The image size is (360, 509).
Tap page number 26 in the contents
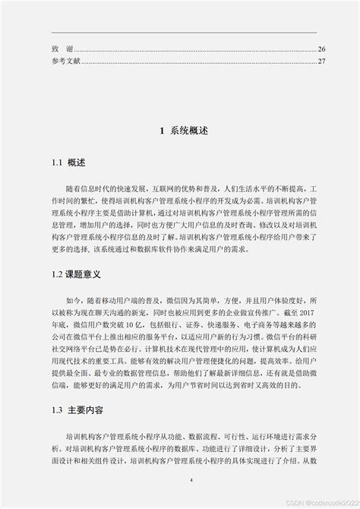321,48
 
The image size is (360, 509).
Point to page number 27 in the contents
321,61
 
